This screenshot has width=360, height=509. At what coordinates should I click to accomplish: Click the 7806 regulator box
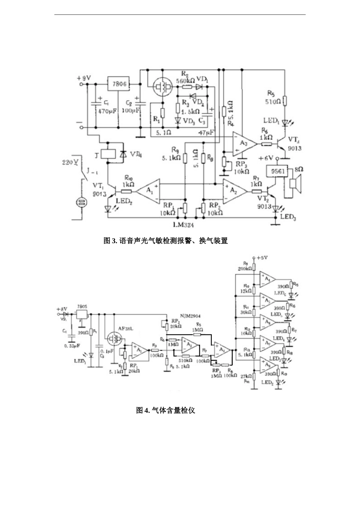tap(119, 84)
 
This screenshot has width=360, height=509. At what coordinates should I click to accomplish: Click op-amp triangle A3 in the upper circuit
tap(243, 144)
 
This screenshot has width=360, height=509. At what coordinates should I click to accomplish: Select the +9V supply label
tap(84, 78)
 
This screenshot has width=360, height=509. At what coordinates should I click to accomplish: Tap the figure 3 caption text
tap(166, 241)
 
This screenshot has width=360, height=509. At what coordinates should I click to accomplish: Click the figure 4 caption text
tap(166, 410)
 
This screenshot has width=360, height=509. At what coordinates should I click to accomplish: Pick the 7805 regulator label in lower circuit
tap(82, 306)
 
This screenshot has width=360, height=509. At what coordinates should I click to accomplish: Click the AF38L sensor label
tap(124, 329)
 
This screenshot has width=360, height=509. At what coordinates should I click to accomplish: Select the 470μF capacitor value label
tap(107, 111)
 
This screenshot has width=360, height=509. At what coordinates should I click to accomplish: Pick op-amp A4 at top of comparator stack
tap(267, 279)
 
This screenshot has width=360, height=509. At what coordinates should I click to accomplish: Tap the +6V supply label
tap(266, 158)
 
